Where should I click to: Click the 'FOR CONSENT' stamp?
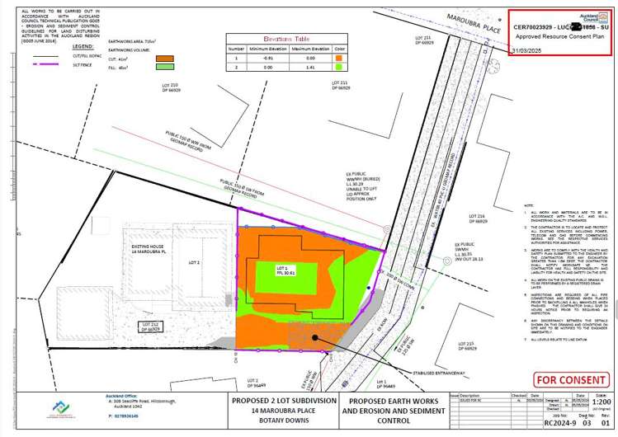pos(568,380)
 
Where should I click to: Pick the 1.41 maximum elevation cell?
pos(312,68)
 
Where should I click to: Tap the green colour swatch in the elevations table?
pos(338,68)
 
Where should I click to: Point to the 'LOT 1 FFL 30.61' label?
pos(281,272)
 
